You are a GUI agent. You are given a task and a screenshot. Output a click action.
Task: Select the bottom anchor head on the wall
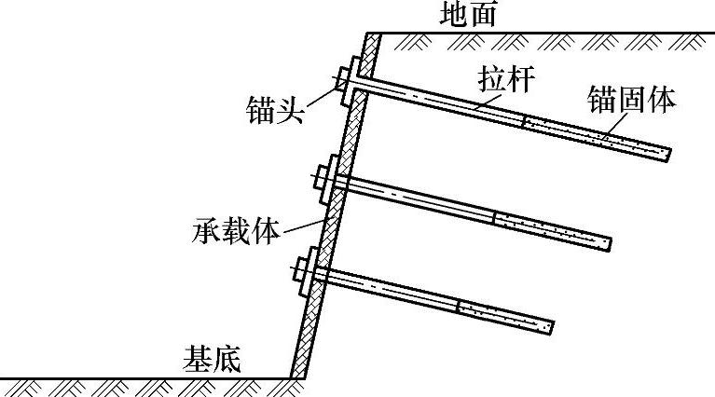point(307,270)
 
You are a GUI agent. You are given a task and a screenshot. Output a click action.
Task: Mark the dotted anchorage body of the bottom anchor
point(504,315)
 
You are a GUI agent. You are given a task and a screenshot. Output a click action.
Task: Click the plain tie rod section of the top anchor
point(438,102)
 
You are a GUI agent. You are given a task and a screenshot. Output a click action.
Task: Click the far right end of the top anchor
point(668,155)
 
